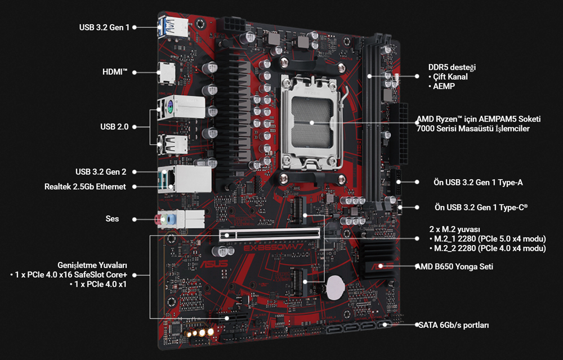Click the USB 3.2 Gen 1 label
coord(104,27)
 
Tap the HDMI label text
coord(115,72)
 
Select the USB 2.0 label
coord(114,127)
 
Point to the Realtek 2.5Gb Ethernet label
coord(85,186)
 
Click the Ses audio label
coord(112,219)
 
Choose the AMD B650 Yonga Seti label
coord(454,266)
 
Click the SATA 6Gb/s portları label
coord(453,325)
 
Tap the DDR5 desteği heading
coord(452,67)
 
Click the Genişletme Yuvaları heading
coord(92,265)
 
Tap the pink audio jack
coord(158,220)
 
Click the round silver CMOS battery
coord(336,287)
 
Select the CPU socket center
coord(312,122)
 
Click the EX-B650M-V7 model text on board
coord(274,248)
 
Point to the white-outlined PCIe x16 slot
coord(269,234)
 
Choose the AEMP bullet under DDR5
coord(441,86)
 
